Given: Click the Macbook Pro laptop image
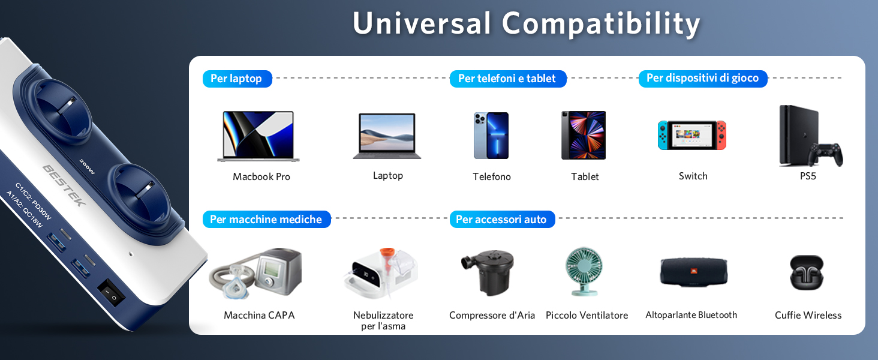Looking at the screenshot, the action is (258, 136).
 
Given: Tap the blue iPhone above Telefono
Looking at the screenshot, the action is (491, 136).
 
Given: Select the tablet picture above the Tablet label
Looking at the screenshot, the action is (584, 135).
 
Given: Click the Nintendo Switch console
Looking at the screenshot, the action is (692, 135).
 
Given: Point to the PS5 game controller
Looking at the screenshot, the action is (825, 154).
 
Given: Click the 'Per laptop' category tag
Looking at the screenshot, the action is (237, 79).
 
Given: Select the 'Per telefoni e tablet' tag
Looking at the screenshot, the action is (507, 79).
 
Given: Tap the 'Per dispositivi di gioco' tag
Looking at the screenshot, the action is (703, 79).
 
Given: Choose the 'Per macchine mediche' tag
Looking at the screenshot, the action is (266, 219).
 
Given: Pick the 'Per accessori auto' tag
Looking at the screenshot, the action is (502, 219).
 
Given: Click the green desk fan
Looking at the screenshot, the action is (584, 271).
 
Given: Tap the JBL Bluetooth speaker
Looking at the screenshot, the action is (694, 272).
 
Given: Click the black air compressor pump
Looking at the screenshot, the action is (488, 272).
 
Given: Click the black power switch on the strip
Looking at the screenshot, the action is (111, 293).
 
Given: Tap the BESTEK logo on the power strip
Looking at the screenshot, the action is (64, 185).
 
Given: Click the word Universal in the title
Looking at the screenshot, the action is (422, 23).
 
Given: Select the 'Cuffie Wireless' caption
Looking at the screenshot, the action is (808, 315).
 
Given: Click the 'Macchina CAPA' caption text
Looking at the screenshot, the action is (259, 315).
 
